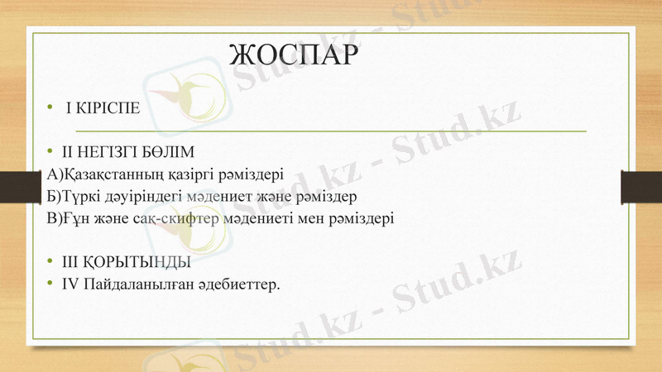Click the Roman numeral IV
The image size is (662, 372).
click(x=69, y=285)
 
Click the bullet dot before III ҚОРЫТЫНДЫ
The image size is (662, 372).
click(x=50, y=263)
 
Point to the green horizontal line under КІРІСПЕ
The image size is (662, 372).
click(x=331, y=131)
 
